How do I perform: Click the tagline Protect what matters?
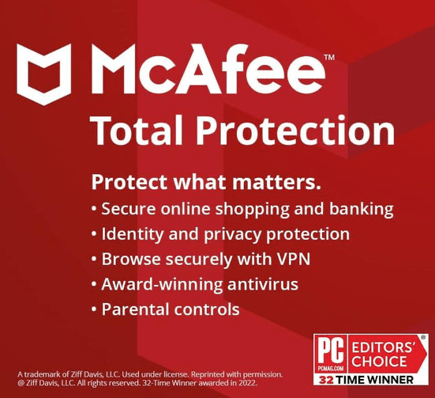(206, 182)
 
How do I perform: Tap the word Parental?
(134, 308)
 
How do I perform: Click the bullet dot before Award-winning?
(95, 283)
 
